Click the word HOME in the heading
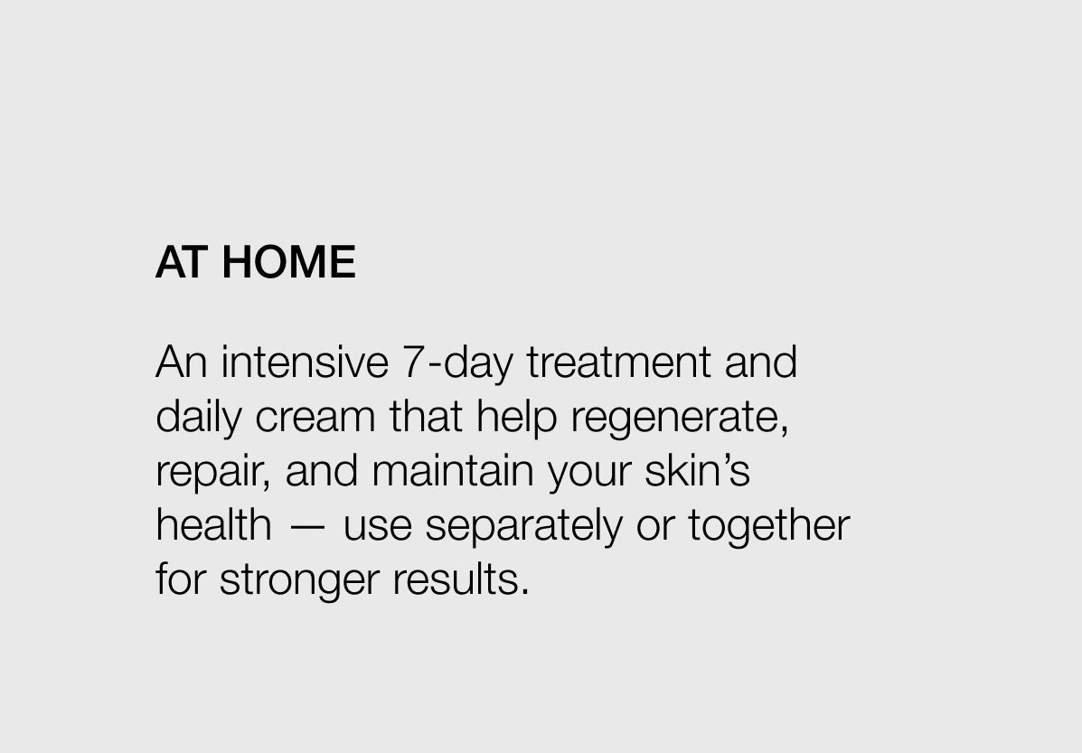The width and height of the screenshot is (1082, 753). coord(288,262)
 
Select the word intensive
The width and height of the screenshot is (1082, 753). coord(305,362)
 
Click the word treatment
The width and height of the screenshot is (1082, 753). coord(619,362)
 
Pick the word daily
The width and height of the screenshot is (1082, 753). coord(199,419)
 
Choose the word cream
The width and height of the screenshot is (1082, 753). coord(315,419)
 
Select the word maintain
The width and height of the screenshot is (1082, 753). coord(453,470)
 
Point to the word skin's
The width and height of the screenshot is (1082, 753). coord(697,470)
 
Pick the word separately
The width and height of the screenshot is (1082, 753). coord(523,527)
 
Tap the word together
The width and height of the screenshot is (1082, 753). coord(768,527)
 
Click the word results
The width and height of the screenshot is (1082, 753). coord(460,579)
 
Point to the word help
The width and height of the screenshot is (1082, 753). coord(516,419)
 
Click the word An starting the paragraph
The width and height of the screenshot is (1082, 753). coord(182,362)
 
